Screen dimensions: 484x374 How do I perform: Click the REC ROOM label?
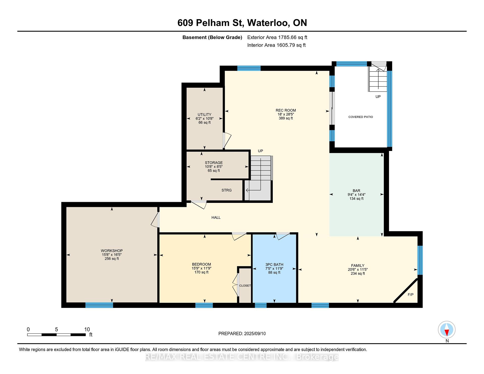click(x=286, y=110)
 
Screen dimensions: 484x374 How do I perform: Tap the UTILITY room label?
click(x=204, y=114)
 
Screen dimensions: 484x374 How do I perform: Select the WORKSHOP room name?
click(x=112, y=251)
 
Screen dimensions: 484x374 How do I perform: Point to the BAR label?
click(x=356, y=191)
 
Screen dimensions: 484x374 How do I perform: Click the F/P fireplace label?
click(x=411, y=294)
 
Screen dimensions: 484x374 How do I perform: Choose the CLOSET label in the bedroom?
click(x=245, y=286)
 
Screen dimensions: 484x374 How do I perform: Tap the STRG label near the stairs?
click(x=226, y=190)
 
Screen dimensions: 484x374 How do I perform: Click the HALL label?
click(x=216, y=217)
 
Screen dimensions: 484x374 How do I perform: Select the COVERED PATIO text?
click(x=360, y=117)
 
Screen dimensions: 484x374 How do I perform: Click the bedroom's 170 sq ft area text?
click(x=201, y=272)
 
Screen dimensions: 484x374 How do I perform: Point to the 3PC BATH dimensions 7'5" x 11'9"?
click(x=274, y=268)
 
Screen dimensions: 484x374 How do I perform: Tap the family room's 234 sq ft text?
click(x=358, y=273)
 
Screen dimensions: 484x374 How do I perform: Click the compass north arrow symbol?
click(x=447, y=330)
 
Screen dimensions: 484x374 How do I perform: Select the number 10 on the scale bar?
click(x=87, y=329)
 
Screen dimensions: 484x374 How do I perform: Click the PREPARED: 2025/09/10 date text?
click(x=242, y=334)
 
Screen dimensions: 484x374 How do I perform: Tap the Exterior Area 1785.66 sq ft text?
click(x=277, y=37)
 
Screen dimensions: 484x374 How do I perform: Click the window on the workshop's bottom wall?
click(x=99, y=305)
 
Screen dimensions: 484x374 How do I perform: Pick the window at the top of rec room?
click(x=249, y=68)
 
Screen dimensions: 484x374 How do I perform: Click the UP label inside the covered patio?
click(x=378, y=97)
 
